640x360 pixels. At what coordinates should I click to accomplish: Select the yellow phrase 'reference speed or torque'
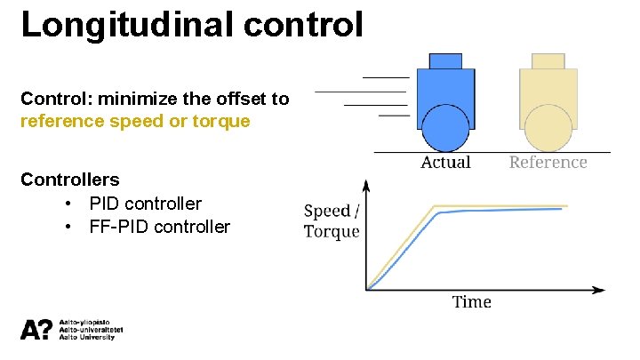135,121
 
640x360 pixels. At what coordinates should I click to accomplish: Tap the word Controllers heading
70,180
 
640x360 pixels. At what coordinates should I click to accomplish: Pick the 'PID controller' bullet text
145,204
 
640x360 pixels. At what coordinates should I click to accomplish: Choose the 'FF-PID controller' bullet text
159,227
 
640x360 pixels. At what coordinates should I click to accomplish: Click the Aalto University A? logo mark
36,330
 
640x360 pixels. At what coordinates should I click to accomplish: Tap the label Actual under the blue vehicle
445,162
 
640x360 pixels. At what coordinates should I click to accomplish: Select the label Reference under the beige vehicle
548,162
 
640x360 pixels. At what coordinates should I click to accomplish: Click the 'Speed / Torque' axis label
332,221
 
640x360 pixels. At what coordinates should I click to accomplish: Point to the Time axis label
471,302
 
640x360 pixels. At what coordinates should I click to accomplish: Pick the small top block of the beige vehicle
548,60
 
